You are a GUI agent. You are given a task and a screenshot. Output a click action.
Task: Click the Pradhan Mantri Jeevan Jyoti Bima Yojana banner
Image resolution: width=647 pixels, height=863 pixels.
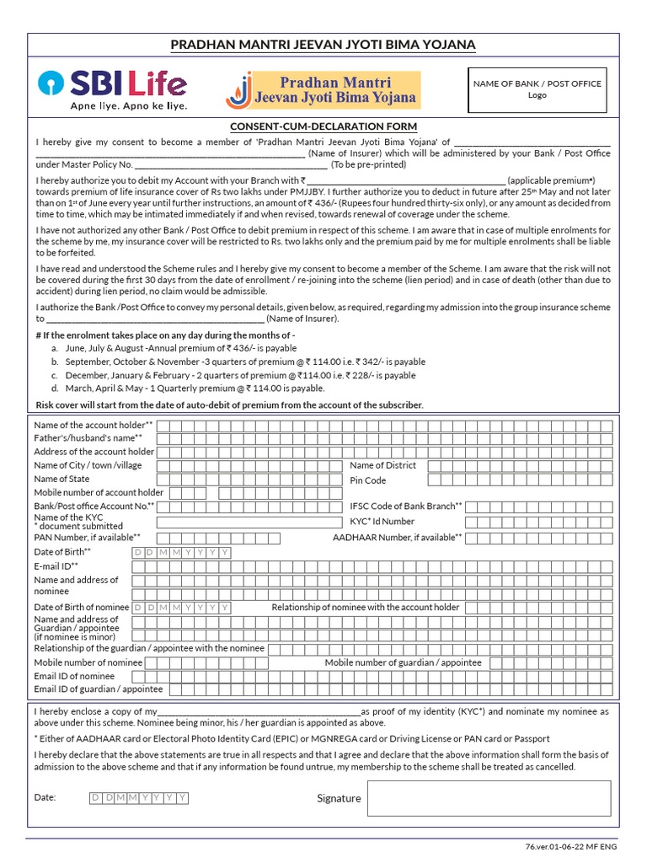point(323,90)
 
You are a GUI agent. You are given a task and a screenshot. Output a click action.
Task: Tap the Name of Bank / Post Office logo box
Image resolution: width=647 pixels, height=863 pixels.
point(537,90)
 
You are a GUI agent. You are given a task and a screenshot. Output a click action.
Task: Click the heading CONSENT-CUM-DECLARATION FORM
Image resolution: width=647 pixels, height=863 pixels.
point(323,125)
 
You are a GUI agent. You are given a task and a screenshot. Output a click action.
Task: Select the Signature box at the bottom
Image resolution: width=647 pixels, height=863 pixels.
point(488,798)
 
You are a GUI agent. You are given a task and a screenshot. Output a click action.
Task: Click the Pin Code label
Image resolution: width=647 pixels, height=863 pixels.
point(368,480)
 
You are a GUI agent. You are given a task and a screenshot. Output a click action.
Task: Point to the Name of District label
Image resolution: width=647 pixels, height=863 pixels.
point(382,465)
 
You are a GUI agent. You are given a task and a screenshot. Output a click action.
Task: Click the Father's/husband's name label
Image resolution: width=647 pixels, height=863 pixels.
point(88,438)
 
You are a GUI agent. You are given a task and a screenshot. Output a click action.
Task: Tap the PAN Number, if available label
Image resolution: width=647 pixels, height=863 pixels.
point(87,536)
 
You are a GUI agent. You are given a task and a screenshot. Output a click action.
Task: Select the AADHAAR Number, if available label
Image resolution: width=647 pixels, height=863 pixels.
point(397,537)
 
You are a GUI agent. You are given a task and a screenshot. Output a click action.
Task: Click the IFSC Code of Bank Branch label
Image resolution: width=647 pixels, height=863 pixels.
point(405,507)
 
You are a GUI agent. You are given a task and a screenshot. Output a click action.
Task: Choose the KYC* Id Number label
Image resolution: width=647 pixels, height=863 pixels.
point(382,522)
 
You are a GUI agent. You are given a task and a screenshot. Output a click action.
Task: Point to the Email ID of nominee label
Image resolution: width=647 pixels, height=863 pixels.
point(74,676)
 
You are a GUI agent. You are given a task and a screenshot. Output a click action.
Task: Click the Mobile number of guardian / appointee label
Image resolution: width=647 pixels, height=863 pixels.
point(404,662)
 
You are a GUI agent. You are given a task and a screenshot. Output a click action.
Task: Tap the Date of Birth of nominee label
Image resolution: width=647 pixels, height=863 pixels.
point(82,607)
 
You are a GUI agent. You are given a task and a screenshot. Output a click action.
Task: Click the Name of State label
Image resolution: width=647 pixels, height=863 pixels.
point(61,479)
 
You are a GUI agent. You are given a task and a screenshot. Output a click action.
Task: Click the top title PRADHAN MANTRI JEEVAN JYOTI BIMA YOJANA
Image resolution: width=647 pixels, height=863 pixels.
point(323,45)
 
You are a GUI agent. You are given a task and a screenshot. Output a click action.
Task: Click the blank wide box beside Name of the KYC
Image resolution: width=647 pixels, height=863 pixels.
point(249,522)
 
